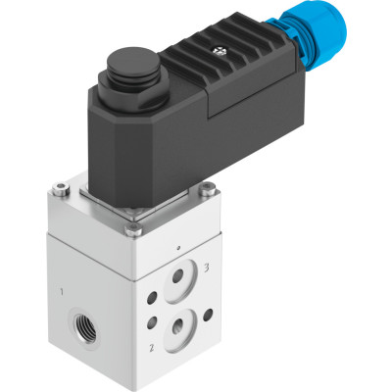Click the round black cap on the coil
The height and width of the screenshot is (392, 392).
point(134,64)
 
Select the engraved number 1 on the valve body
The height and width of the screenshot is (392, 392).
point(62,291)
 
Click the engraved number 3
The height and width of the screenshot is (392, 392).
point(207,268)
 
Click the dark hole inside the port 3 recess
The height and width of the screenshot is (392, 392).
point(178,276)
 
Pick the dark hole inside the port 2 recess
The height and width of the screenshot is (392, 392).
point(178,325)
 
